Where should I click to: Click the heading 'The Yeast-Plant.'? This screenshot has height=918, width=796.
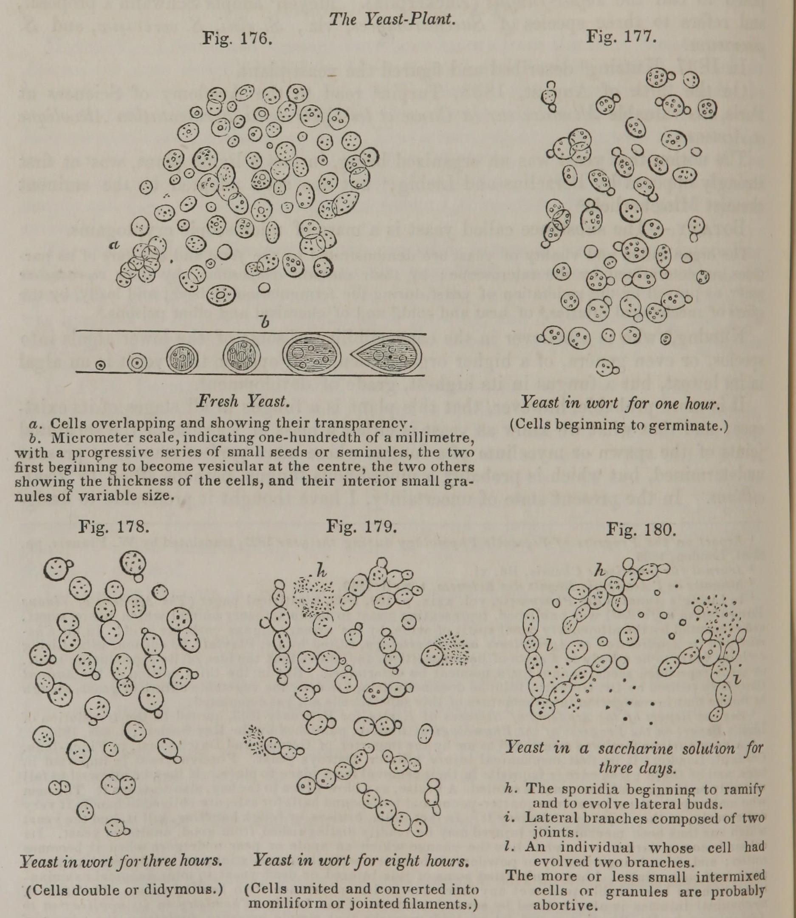click(392, 19)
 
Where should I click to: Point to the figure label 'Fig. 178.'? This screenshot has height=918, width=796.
click(114, 527)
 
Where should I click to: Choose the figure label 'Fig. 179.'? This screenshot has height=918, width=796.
click(361, 527)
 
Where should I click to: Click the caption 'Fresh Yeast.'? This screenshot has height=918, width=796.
click(243, 401)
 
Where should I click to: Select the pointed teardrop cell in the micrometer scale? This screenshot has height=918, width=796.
click(386, 355)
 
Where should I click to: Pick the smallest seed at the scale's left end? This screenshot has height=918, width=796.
click(101, 365)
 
